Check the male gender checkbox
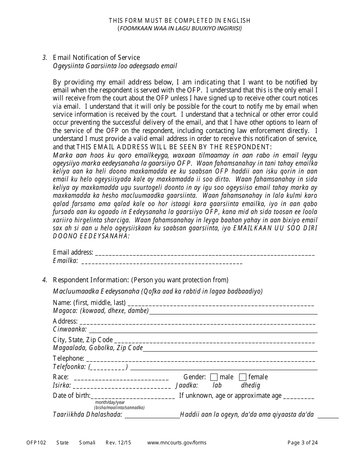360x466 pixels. (x=214, y=377)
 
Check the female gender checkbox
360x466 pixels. (x=243, y=377)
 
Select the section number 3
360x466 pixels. (x=45, y=58)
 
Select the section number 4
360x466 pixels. (x=45, y=280)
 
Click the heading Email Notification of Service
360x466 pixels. (x=96, y=58)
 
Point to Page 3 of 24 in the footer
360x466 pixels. (x=302, y=443)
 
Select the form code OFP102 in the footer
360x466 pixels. (x=36, y=443)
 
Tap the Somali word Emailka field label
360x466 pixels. (x=66, y=261)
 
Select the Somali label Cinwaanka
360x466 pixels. (x=70, y=329)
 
